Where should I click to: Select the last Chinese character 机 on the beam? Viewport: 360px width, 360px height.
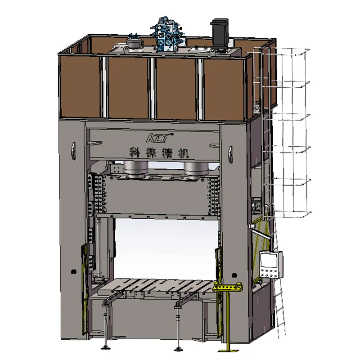[x=184, y=153]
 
